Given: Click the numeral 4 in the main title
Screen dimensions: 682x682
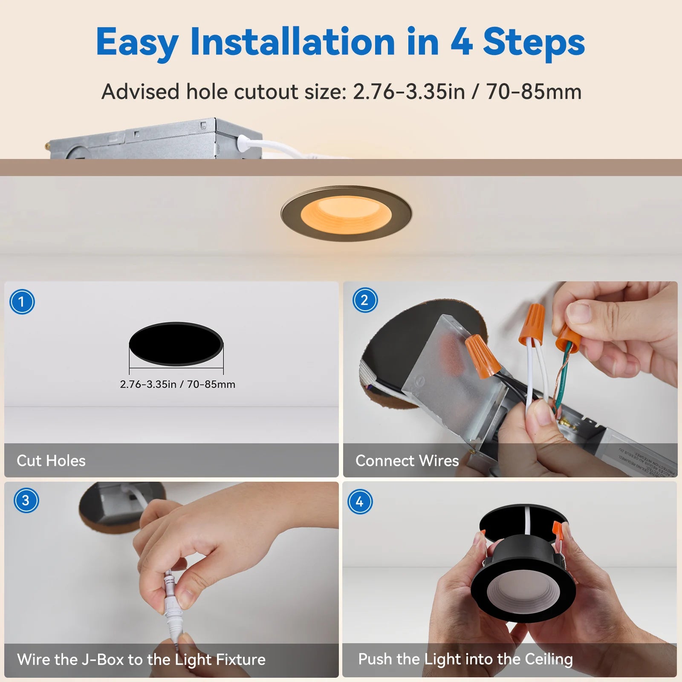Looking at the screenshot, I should (x=461, y=42).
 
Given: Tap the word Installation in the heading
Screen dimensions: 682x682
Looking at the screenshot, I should (x=293, y=42).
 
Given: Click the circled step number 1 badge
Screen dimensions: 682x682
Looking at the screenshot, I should (x=22, y=302).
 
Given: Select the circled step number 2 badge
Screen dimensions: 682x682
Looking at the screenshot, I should (x=365, y=300).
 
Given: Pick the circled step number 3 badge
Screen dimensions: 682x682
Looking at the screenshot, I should (x=26, y=500).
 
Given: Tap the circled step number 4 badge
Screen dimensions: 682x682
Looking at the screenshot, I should (x=360, y=501).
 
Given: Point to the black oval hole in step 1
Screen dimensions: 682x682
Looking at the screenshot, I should (x=176, y=344).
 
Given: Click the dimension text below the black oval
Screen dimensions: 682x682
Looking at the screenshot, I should (x=177, y=384).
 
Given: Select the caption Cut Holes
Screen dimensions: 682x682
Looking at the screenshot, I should (x=51, y=460).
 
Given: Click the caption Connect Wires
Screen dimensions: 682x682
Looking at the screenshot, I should (x=407, y=460).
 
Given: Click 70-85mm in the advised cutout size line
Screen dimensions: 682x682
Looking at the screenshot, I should (x=534, y=92).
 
